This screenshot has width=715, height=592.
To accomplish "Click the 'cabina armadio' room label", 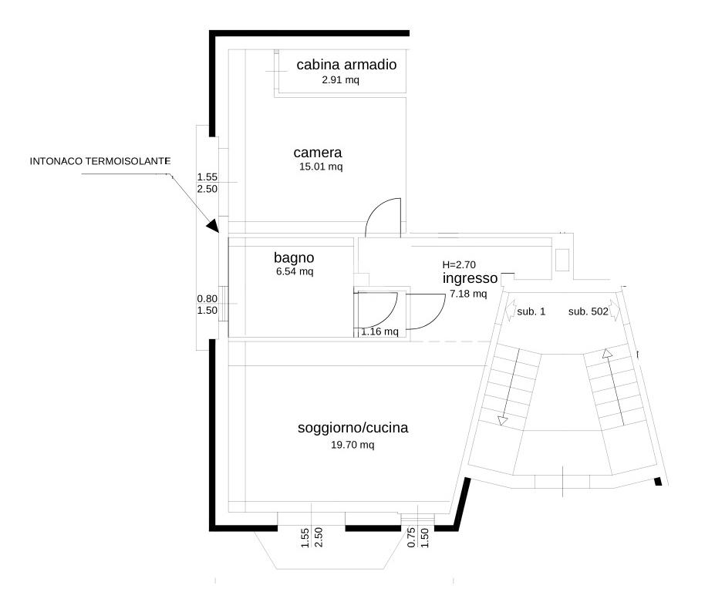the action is (x=346, y=65).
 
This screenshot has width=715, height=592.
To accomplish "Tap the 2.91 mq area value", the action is (x=340, y=80).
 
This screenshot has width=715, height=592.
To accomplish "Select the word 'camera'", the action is (x=317, y=152).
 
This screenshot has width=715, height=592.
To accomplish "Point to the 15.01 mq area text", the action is (x=321, y=166).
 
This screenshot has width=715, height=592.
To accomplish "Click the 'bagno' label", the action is (x=294, y=258).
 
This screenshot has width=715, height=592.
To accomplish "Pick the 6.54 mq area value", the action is (x=295, y=271).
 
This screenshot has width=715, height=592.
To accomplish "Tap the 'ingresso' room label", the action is (x=470, y=278).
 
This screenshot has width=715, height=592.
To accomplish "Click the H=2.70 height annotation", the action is (x=459, y=264).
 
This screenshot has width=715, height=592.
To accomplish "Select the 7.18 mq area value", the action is (x=468, y=294).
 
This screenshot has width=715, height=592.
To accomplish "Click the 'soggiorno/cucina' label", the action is (x=352, y=428).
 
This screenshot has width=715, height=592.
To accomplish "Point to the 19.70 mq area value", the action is (x=352, y=445).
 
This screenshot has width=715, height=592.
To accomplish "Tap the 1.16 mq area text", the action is (x=379, y=331).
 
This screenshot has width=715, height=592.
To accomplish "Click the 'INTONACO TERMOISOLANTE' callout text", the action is (x=99, y=161).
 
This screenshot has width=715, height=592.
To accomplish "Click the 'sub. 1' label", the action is (x=531, y=311).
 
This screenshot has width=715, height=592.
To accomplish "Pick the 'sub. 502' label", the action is (x=589, y=311).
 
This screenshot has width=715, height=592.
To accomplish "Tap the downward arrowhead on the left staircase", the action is (x=503, y=421).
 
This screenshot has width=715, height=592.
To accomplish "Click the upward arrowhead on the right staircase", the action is (x=607, y=353).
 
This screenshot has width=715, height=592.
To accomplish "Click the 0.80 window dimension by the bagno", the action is (x=207, y=299).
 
